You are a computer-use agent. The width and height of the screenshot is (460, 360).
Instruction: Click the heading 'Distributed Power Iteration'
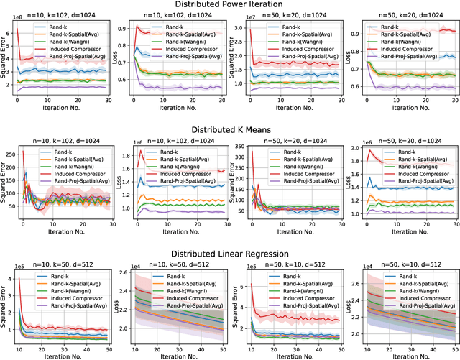tap(230, 6)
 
